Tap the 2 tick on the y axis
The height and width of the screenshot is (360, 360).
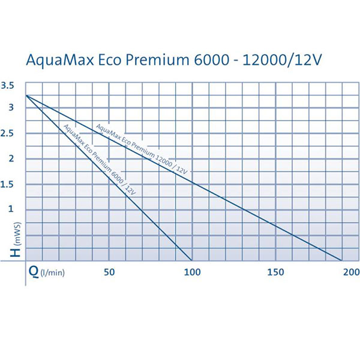click(11, 158)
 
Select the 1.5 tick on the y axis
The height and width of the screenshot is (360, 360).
click(8, 184)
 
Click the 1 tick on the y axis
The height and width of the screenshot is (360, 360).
click(11, 209)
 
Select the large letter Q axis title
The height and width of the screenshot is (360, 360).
click(34, 272)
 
